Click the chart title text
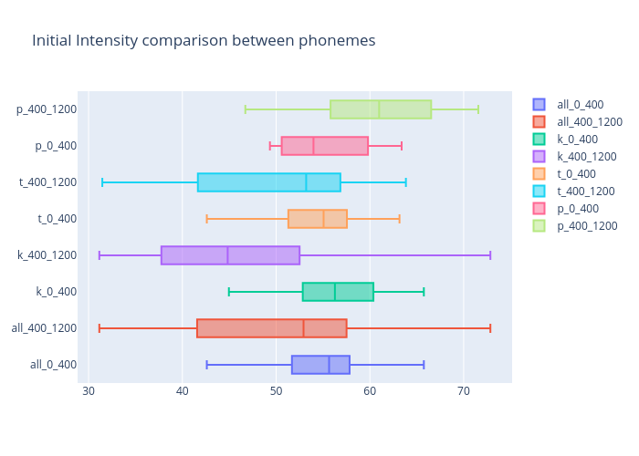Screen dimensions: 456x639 click(204, 41)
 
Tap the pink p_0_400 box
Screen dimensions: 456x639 click(325, 146)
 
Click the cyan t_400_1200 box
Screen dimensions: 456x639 click(269, 182)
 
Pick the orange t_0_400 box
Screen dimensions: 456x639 click(318, 219)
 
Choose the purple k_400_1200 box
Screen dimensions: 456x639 click(230, 255)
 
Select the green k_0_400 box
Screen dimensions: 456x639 click(338, 292)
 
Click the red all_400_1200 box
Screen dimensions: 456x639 click(272, 328)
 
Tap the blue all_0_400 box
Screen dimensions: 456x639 click(320, 365)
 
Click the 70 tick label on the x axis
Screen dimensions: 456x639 click(463, 391)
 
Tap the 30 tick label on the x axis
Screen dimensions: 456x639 click(89, 391)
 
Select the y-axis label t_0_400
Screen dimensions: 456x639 click(57, 219)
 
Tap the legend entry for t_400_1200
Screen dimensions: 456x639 click(585, 192)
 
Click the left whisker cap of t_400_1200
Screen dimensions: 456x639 click(102, 182)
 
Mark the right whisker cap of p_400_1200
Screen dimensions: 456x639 click(477, 109)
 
